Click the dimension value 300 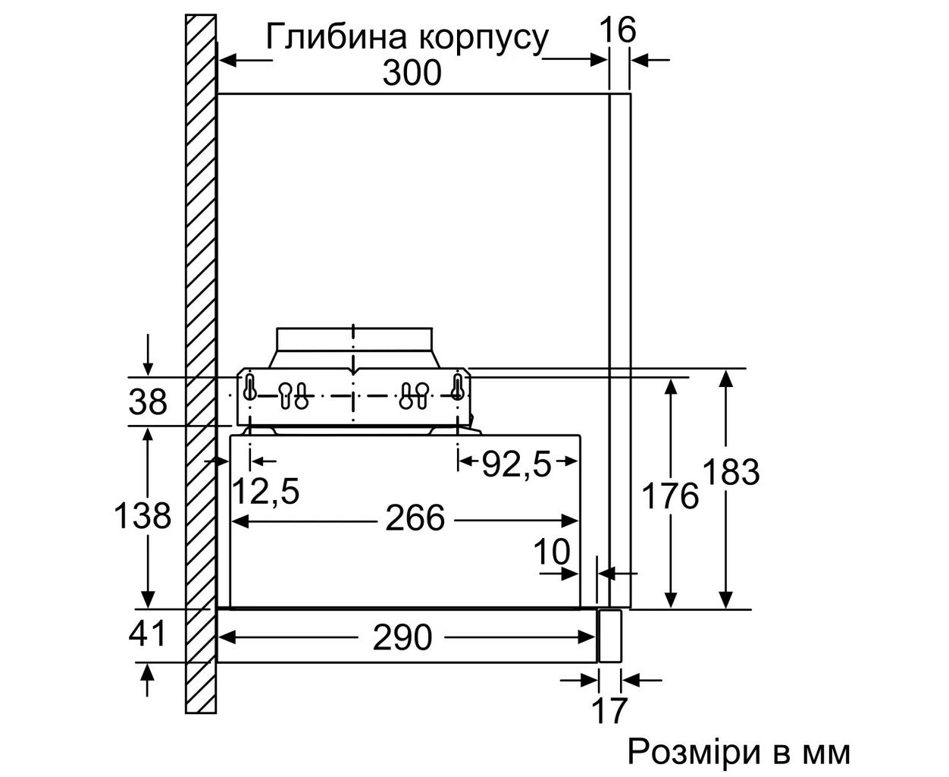point(412,73)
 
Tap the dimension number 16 point(618,30)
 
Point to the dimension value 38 point(148,401)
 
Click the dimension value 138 point(143,515)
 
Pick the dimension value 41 point(147,634)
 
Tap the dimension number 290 point(402,638)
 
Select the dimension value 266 point(415,518)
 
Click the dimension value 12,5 point(265,490)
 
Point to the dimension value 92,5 point(516,464)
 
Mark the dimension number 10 point(552,552)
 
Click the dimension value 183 point(730,472)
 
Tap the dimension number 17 point(609,710)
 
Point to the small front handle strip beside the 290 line point(609,636)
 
